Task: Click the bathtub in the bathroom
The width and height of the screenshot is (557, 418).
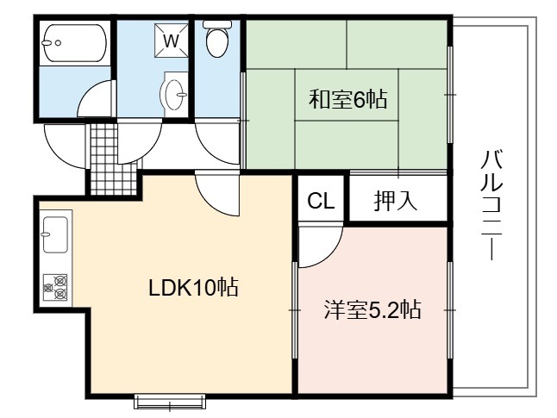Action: point(75,43)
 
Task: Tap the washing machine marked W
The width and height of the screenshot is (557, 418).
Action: point(172,41)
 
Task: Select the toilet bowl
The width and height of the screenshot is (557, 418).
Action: point(217,39)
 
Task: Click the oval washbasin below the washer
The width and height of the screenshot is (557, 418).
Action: point(174,94)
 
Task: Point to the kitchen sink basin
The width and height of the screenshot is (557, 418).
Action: point(55,234)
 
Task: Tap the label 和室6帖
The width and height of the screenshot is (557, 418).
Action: point(347,99)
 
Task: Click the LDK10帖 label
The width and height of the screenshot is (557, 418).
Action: point(193,287)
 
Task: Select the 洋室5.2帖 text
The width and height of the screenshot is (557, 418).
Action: point(372,309)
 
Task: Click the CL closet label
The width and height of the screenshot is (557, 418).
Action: point(321,201)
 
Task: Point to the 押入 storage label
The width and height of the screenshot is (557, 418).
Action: point(396,201)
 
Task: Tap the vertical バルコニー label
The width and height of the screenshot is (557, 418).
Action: point(491,205)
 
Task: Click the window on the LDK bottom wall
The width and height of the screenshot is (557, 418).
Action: point(170,402)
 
